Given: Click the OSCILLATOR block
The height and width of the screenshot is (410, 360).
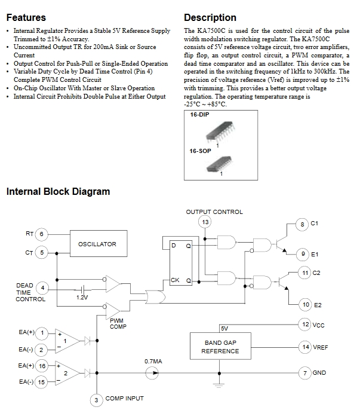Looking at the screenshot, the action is point(99,243).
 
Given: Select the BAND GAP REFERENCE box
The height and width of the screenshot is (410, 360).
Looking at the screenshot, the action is point(220,346).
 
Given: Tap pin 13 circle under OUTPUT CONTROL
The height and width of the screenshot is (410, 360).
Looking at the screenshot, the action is point(205,222).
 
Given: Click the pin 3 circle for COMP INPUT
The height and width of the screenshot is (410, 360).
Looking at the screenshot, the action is point(96,400).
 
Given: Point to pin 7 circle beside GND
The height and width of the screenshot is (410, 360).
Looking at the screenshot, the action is point(305,373).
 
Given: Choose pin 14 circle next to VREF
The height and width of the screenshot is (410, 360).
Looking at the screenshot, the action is point(306,347).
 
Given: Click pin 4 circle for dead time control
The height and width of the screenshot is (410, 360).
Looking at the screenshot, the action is point(42,288).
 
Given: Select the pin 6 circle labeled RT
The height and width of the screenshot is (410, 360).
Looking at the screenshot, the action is point(41,234).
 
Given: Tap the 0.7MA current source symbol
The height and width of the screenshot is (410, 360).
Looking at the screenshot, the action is point(152,373).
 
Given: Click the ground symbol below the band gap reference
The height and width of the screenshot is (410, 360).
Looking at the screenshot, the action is point(219,385).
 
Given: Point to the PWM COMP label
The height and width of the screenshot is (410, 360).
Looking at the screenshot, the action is point(118,323).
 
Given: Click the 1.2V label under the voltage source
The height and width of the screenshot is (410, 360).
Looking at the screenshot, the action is point(82,297).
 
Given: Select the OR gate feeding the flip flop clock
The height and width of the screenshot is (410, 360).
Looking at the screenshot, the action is point(155,297).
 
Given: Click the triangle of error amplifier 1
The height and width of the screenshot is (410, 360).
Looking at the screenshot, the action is point(67,341).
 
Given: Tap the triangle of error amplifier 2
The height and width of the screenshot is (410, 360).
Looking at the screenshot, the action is point(67,373).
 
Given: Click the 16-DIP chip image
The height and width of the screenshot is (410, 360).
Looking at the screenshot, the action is point(220,132).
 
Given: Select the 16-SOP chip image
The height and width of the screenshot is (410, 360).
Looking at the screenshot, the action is point(220,164).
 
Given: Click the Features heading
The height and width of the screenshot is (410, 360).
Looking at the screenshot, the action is point(26,17).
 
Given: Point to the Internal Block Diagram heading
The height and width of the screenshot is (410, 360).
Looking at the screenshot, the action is point(58,191).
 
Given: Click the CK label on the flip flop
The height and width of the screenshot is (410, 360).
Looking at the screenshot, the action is point(175,280).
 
